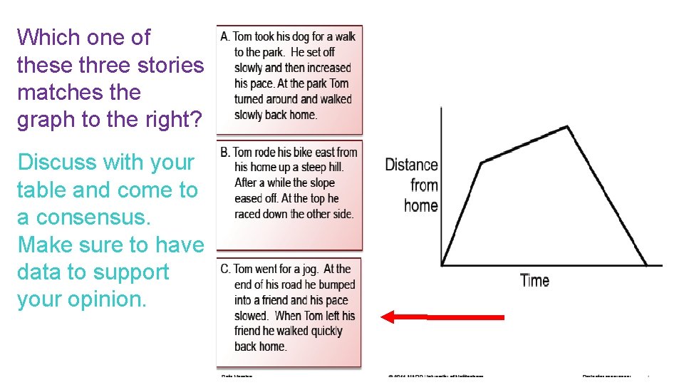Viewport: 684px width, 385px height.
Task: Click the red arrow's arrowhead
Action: tap(388, 317)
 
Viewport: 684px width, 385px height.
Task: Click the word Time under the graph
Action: tap(534, 280)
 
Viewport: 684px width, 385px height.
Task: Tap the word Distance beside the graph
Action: tap(411, 165)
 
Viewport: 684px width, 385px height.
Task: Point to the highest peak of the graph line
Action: tap(567, 127)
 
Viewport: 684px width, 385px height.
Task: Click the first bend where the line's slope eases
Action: tap(482, 163)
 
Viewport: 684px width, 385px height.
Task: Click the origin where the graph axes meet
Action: tap(442, 266)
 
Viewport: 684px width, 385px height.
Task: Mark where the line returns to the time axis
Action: tap(646, 266)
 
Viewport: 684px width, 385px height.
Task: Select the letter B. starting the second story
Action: tap(225, 152)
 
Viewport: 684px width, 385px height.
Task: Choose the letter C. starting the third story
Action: tap(225, 269)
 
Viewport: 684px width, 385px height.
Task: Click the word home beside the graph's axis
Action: tap(420, 206)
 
